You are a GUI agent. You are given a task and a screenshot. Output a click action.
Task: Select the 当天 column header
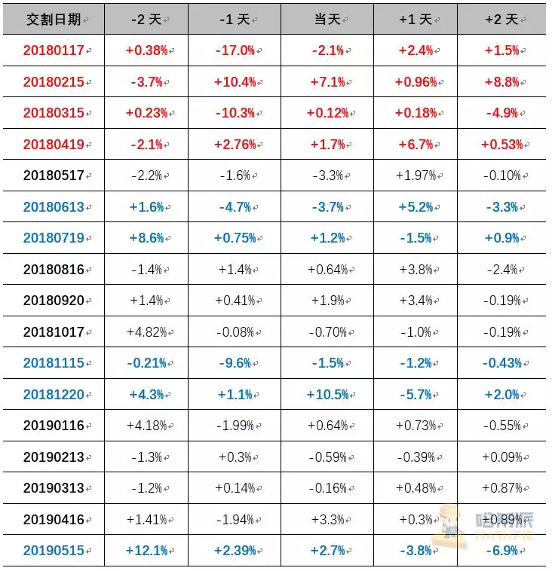point(327,20)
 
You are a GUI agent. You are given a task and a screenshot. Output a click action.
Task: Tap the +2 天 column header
point(501,20)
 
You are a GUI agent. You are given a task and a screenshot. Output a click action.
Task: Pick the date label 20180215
point(54,82)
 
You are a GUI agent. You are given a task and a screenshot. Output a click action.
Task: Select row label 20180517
point(54,176)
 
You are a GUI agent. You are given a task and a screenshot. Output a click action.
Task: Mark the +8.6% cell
point(146,238)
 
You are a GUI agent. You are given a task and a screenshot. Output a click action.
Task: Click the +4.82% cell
point(146,331)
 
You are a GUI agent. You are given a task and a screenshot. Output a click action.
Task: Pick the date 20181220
point(54,394)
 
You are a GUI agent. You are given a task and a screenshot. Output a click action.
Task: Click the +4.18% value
point(146,426)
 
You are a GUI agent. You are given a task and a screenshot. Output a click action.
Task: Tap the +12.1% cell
point(146,551)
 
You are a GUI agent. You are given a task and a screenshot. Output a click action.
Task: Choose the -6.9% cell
point(501,551)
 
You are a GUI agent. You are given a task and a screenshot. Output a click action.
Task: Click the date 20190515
point(54,551)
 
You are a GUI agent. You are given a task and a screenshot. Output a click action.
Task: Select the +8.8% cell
point(501,82)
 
